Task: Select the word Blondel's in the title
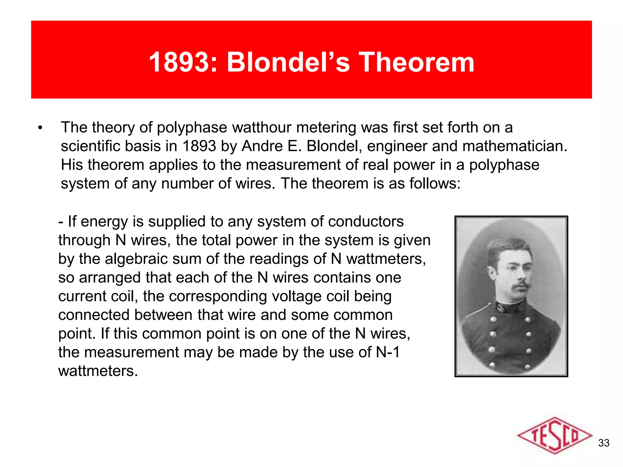coord(288,62)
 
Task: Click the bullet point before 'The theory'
coord(40,128)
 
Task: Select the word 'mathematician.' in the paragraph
coord(515,146)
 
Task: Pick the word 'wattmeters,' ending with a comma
coord(386,259)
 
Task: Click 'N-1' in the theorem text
coord(388,352)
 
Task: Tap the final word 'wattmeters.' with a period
coord(98,371)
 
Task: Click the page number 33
coord(604,443)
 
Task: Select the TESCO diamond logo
coord(554,436)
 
